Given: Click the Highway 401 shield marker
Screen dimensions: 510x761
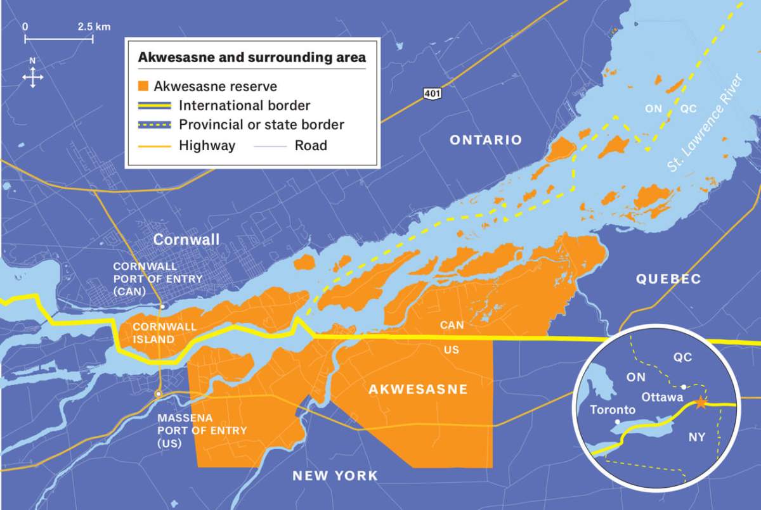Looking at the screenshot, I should pyautogui.click(x=432, y=94).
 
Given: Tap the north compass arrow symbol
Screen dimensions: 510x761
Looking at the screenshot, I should pyautogui.click(x=33, y=74).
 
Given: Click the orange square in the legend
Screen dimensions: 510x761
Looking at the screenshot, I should pyautogui.click(x=143, y=86).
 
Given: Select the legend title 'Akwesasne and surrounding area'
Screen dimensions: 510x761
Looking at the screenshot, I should pyautogui.click(x=252, y=56).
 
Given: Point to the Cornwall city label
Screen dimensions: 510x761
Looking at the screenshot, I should pyautogui.click(x=186, y=239).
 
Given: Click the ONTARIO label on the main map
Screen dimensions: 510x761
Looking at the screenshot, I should pyautogui.click(x=486, y=140).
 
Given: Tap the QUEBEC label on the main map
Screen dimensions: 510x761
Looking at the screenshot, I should pyautogui.click(x=668, y=279).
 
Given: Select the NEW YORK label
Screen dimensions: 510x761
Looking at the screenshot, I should pyautogui.click(x=335, y=475).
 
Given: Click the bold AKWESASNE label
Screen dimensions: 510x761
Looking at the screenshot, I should pyautogui.click(x=418, y=389).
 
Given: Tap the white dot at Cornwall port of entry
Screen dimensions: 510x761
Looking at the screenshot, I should pyautogui.click(x=162, y=307).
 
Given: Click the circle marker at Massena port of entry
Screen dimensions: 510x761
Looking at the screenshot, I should pyautogui.click(x=158, y=394).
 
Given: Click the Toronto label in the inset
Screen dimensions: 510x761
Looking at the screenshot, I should pyautogui.click(x=612, y=410).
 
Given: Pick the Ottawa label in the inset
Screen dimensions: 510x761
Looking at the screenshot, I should pyautogui.click(x=663, y=398).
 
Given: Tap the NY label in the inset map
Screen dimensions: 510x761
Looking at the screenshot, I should pyautogui.click(x=697, y=437).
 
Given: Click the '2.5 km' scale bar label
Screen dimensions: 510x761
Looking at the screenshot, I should pyautogui.click(x=94, y=27).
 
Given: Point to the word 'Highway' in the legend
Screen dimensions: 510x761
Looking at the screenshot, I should pyautogui.click(x=207, y=146).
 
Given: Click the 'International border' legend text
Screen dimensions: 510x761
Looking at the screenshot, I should pyautogui.click(x=244, y=106).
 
